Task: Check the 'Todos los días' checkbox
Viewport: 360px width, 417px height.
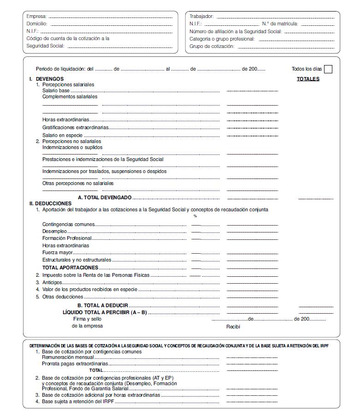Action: [328, 69]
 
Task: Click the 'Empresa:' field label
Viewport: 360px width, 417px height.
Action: [36, 16]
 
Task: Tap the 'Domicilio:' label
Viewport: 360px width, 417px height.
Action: [37, 24]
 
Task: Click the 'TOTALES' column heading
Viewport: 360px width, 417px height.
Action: [308, 79]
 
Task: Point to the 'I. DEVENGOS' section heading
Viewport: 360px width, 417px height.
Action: [47, 79]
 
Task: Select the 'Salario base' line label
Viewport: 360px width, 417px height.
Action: [56, 91]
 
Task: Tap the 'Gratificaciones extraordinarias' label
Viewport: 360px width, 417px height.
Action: [76, 127]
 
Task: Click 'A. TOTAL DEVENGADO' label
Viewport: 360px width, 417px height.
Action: [105, 197]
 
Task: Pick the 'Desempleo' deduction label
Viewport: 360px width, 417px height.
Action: [54, 231]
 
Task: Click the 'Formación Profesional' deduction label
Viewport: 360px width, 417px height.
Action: [67, 238]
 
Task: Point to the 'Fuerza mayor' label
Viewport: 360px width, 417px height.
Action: [58, 253]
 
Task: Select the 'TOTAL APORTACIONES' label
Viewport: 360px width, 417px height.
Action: [70, 268]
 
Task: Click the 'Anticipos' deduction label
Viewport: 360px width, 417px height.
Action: [52, 282]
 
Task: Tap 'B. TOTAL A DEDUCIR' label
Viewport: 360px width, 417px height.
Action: [102, 305]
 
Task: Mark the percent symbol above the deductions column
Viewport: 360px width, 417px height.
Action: [195, 216]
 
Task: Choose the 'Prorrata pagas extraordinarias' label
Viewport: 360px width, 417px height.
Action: [75, 363]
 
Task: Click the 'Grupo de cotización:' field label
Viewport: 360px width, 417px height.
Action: [212, 46]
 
